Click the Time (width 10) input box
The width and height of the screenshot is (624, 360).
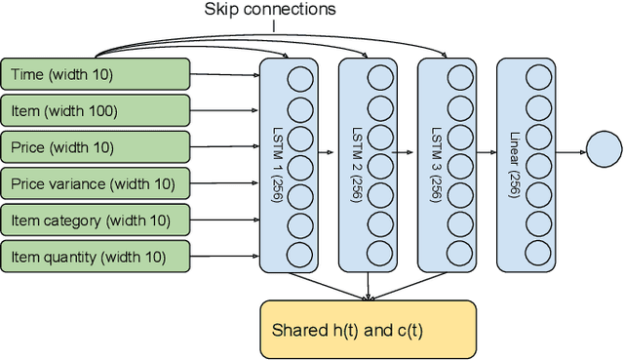[x=96, y=73]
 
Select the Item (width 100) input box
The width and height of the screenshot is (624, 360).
[x=96, y=110]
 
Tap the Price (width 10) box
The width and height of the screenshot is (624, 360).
[x=96, y=147]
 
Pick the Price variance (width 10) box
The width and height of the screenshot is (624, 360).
[x=96, y=183]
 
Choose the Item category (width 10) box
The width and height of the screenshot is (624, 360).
[x=96, y=220]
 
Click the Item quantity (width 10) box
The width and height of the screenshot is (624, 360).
[x=96, y=257]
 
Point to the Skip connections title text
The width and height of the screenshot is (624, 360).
[x=270, y=10]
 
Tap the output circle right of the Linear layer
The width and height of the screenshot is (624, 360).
[x=603, y=149]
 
